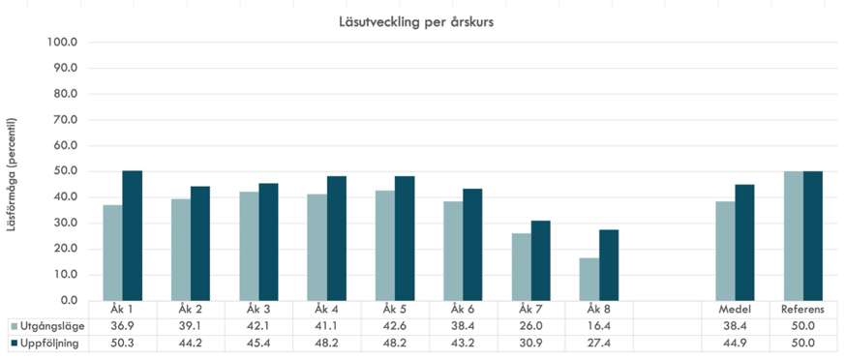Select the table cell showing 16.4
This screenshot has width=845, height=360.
(598, 326)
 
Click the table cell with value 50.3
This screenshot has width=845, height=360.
(121, 343)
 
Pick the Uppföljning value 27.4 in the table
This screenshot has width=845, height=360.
(598, 343)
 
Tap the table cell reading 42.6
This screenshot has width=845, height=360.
(394, 326)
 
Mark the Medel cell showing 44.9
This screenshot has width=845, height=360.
(734, 343)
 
